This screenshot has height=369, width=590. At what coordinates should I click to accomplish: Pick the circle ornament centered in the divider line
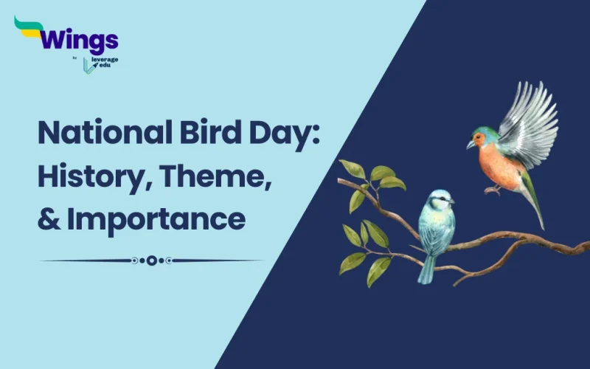tap(151, 260)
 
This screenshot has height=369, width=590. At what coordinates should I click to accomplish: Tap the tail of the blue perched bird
tap(427, 269)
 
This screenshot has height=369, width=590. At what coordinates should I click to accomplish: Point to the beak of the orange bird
tap(470, 145)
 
